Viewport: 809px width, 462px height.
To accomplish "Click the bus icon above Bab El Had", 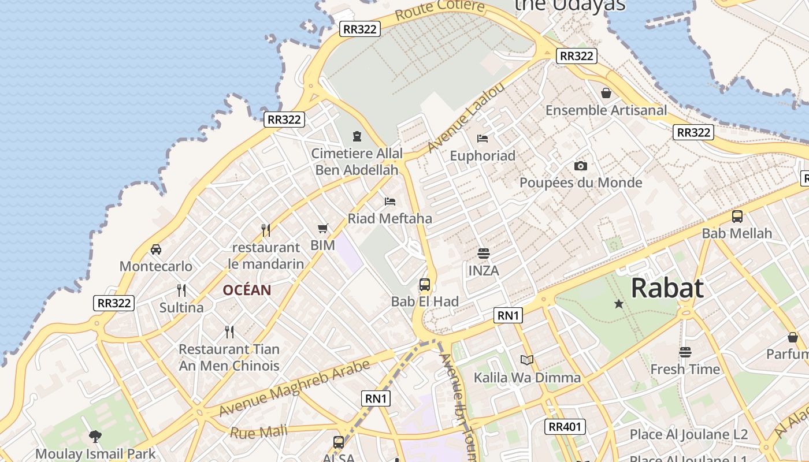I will tap(425, 284).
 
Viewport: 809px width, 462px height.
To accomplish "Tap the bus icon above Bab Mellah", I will tap(737, 217).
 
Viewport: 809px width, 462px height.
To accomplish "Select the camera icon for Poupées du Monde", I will tap(581, 166).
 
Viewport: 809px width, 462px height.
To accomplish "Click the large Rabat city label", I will tap(667, 288).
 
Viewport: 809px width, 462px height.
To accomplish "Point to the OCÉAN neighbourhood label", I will tap(247, 290).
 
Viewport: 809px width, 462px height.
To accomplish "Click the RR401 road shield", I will tap(565, 427).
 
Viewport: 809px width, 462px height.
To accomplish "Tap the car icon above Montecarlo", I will tap(156, 249).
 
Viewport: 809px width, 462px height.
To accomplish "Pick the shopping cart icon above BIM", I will tap(323, 229).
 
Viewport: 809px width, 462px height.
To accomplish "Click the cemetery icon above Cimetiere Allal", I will tap(357, 136).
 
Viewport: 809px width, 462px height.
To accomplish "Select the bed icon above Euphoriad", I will tap(483, 139).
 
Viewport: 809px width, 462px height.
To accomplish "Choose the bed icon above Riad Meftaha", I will tap(390, 202).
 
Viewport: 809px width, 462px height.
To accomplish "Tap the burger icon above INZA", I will tap(484, 254).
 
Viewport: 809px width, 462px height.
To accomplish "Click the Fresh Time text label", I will tap(685, 369).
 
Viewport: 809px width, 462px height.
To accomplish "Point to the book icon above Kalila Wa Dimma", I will tap(527, 360).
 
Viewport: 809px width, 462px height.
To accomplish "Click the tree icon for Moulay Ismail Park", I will tap(95, 437).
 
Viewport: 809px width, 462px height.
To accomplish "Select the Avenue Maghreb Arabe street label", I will tap(294, 388).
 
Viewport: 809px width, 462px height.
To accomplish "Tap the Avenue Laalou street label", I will tap(466, 118).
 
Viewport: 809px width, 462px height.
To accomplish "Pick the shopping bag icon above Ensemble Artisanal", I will tap(606, 93).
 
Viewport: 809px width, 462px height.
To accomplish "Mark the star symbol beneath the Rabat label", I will tap(619, 304).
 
